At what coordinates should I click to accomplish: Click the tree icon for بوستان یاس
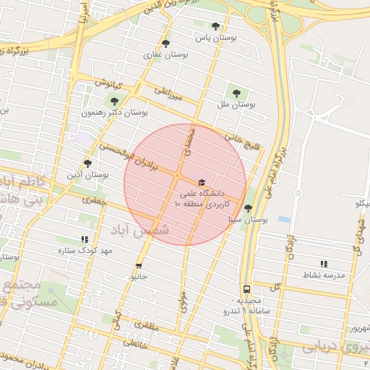215,26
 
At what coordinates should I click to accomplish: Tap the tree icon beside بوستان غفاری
167,43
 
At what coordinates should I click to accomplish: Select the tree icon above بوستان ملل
236,92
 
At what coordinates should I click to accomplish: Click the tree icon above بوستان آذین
88,163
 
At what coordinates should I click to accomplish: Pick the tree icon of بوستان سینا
249,208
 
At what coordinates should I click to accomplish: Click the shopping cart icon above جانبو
139,265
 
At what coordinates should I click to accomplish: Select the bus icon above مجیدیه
247,288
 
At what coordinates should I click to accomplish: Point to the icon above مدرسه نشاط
323,264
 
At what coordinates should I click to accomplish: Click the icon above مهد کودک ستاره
85,239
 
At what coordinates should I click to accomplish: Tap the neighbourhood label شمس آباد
140,230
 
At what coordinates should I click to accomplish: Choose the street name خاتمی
135,345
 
